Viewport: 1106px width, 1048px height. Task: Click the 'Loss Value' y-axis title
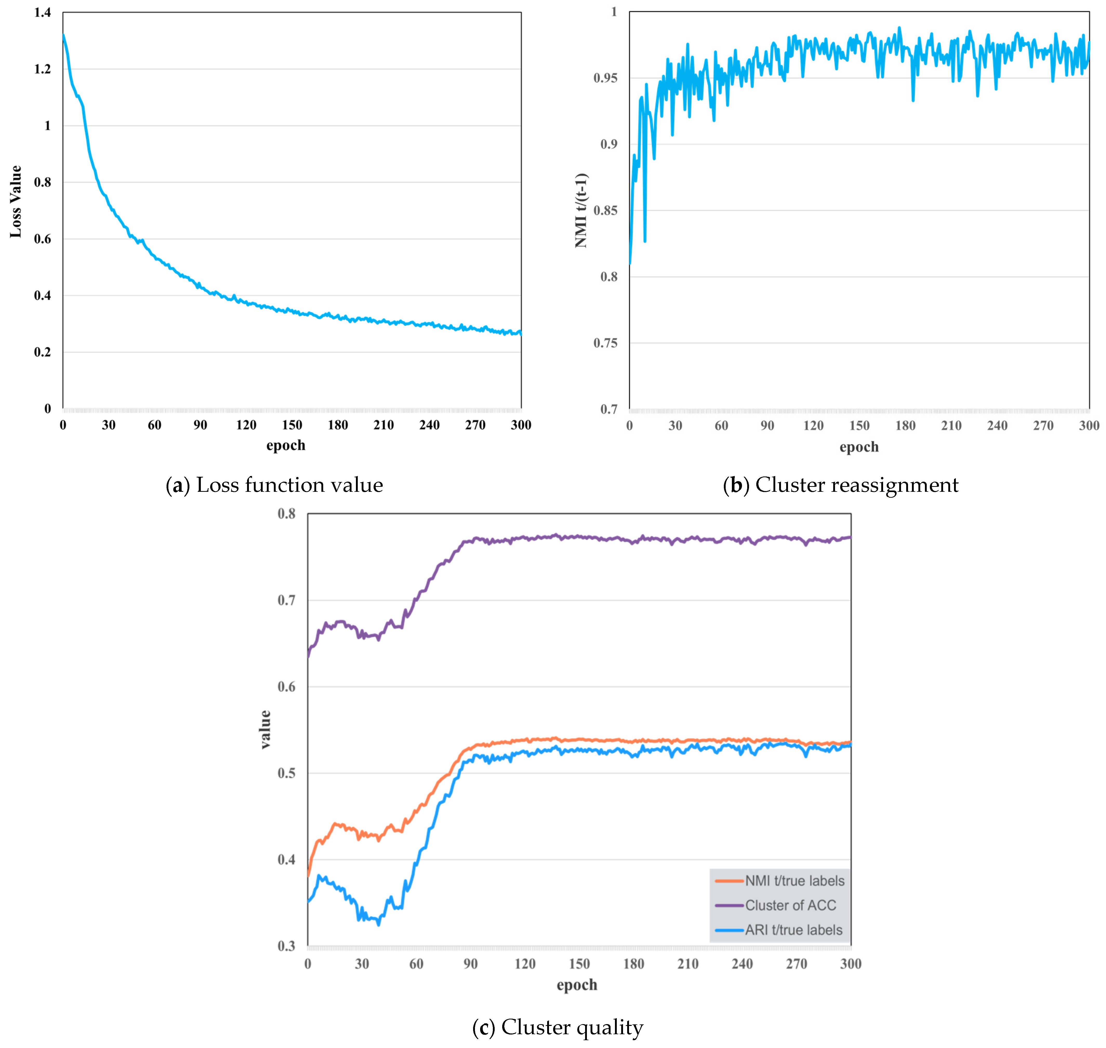(16, 202)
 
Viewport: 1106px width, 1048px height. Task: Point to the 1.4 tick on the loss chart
(42, 12)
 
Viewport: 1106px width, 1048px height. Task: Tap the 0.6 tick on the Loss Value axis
(42, 239)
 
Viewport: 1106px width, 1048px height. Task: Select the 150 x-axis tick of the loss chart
(292, 425)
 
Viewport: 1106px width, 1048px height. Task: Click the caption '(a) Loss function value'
(274, 485)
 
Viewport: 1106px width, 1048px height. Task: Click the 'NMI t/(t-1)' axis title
(581, 210)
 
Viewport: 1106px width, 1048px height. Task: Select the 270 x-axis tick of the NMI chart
(1043, 426)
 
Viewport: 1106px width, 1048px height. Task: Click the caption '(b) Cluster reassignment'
(840, 485)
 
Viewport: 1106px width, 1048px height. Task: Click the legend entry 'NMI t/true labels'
(794, 881)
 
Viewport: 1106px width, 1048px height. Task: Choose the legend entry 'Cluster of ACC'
(790, 905)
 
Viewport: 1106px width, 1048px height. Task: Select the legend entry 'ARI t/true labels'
(793, 930)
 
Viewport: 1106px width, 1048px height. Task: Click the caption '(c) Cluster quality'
(558, 1027)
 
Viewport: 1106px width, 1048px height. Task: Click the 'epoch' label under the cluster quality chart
(577, 985)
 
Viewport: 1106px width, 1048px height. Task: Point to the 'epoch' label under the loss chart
(286, 445)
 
